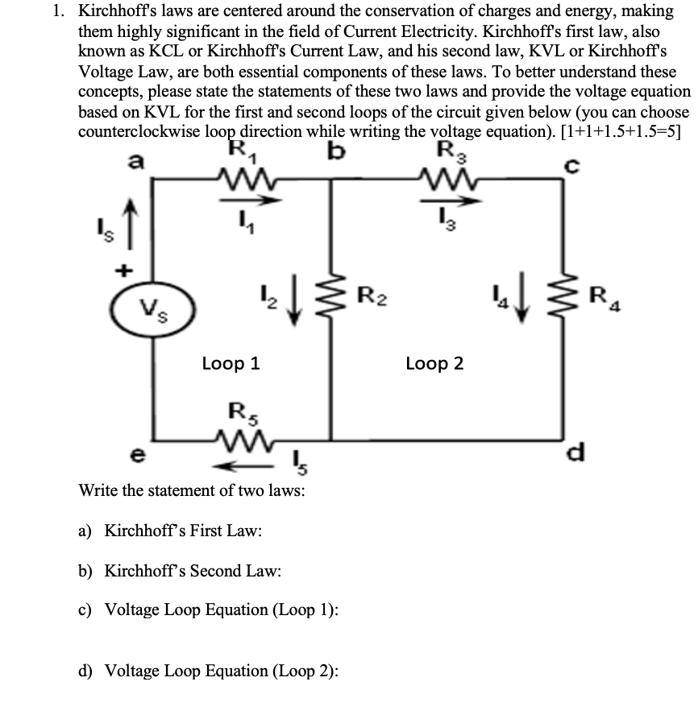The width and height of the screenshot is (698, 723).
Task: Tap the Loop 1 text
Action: [231, 363]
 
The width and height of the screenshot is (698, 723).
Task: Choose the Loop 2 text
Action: [434, 363]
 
